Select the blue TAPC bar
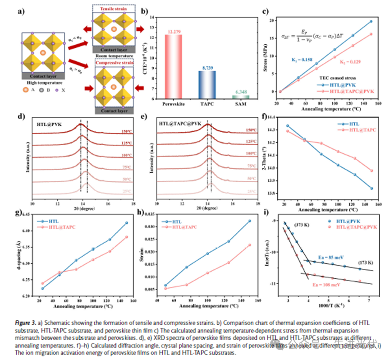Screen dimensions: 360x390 click(x=208, y=84)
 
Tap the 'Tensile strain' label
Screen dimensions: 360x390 click(x=114, y=8)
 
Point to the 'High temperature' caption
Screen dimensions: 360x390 click(x=42, y=83)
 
